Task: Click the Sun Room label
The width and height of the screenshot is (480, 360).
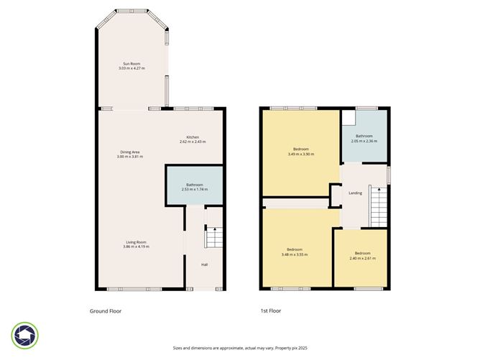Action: coord(131,64)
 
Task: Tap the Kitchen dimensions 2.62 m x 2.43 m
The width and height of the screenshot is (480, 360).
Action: coord(193,142)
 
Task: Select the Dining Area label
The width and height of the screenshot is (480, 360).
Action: coord(130,152)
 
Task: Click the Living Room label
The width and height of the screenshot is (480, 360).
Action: coord(137,242)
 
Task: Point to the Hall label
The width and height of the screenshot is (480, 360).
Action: coord(205,264)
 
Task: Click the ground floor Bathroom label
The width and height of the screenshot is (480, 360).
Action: coord(195,185)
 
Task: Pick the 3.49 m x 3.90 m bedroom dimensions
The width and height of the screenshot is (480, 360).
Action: coord(301,154)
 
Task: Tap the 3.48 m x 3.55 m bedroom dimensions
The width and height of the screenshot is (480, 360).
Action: coord(295,254)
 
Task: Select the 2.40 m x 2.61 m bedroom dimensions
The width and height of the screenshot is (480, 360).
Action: coord(363,259)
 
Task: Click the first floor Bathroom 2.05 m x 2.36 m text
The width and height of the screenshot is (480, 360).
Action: coord(364,139)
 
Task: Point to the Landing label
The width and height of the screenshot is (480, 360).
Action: coord(356,193)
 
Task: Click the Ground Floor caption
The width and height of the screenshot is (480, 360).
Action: coord(106,311)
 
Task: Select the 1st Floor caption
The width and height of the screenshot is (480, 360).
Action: coord(271,310)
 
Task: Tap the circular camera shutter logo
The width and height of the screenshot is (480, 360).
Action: coord(25,335)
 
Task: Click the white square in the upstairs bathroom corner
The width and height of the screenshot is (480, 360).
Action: coord(349,118)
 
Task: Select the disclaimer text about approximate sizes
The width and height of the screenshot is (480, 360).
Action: coord(240,348)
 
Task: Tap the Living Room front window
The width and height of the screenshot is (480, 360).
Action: coord(134,289)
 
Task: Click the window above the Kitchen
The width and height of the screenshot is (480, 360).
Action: coord(193,109)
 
